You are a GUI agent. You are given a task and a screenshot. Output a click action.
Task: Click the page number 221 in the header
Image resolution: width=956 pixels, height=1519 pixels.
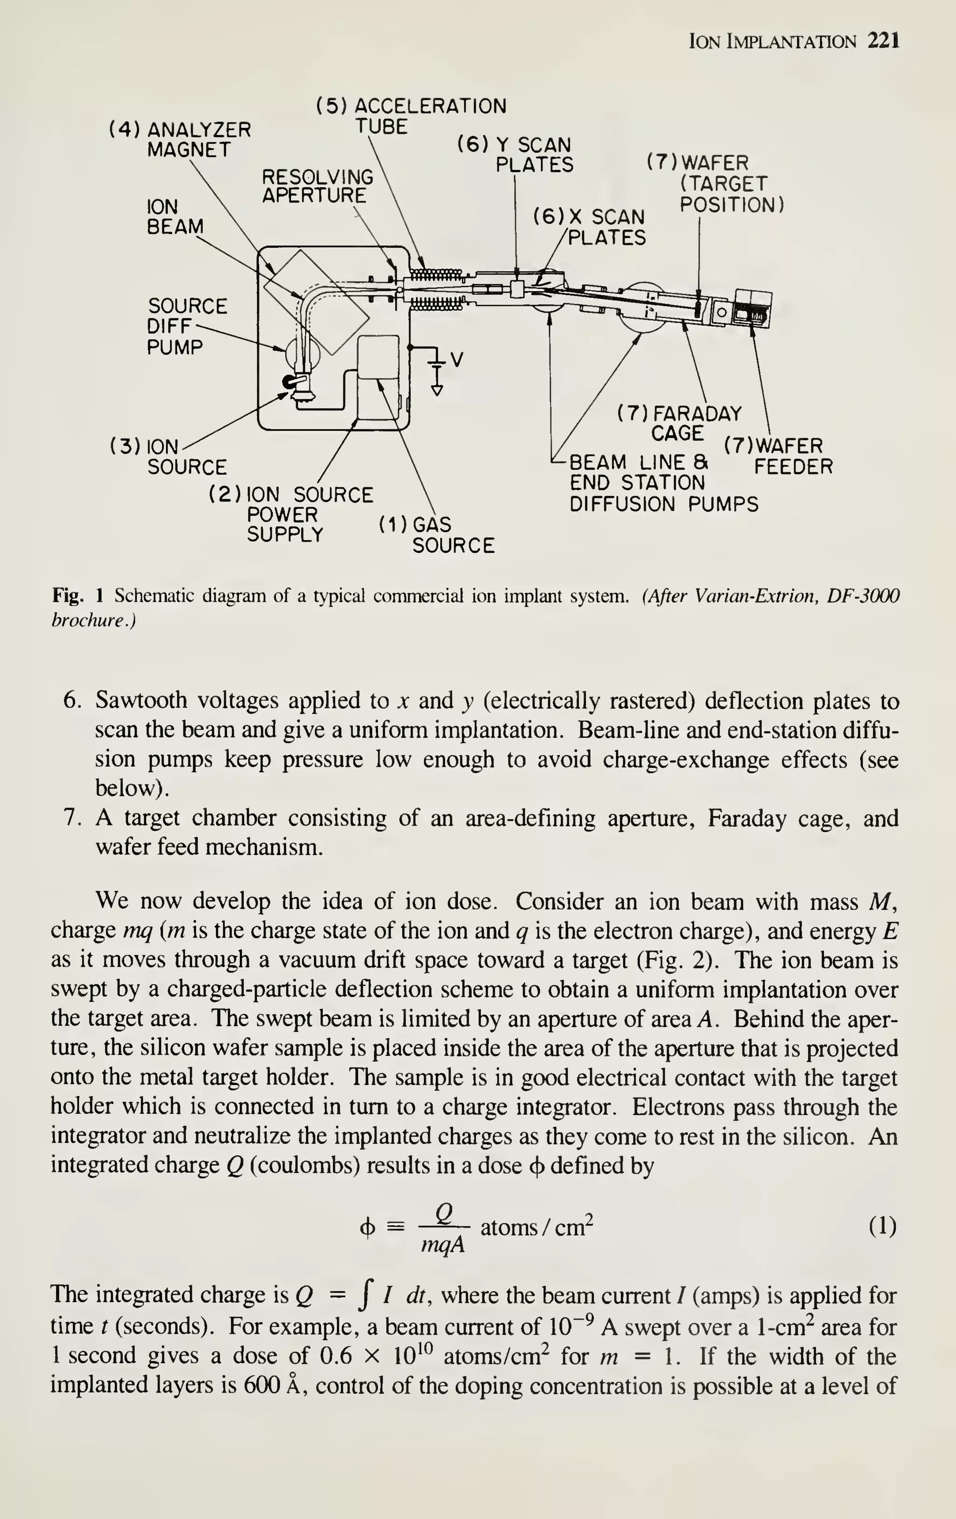(883, 42)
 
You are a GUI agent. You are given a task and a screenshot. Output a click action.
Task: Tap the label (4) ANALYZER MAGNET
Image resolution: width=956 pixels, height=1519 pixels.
(180, 140)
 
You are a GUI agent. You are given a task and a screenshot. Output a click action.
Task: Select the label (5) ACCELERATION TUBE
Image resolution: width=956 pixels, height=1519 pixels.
(411, 115)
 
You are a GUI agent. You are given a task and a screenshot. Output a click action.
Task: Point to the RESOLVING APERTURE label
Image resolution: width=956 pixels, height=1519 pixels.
(317, 185)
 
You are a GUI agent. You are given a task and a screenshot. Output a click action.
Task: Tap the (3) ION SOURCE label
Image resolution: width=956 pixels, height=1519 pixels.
(169, 457)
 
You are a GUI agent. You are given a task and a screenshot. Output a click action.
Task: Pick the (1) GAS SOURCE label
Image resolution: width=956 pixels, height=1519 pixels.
(437, 535)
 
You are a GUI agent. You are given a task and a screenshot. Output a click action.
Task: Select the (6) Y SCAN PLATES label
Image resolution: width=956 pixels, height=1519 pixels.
(516, 155)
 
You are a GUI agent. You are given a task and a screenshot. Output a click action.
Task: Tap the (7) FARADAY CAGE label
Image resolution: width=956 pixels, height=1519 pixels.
(679, 423)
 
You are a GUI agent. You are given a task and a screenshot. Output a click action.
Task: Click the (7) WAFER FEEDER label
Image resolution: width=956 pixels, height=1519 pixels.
(778, 456)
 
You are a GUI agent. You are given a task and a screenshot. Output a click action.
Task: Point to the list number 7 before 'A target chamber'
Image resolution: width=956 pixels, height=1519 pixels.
(71, 818)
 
